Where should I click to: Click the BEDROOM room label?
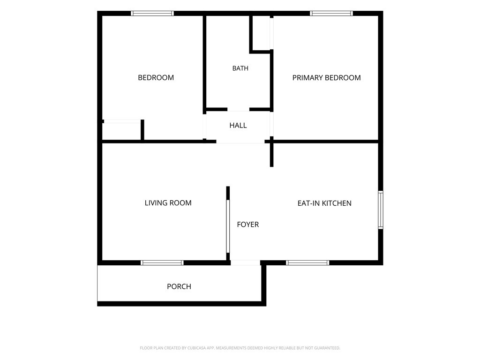156,78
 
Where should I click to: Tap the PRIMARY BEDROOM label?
326,78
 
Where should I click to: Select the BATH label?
240,68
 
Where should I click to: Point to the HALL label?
238,125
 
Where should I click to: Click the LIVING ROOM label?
168,202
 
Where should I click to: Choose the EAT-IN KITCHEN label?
324,203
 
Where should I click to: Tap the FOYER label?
248,225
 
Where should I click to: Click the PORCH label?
179,286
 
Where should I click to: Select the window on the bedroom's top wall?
152,13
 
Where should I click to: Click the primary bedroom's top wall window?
331,13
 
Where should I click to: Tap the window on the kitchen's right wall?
381,210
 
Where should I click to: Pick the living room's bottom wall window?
162,262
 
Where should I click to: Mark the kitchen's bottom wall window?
307,262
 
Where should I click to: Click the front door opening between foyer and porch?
245,262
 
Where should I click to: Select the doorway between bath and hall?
238,109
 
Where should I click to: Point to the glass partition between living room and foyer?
228,226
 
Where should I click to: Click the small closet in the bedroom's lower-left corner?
121,131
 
